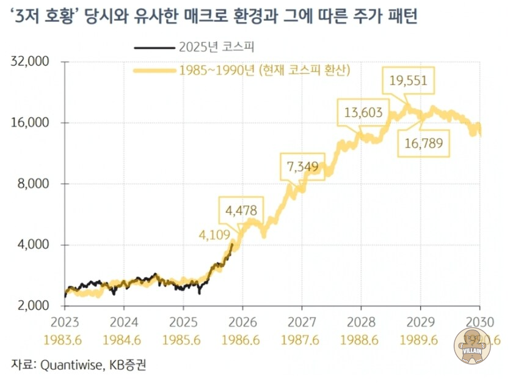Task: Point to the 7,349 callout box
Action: tap(303, 166)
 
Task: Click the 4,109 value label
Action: tap(213, 234)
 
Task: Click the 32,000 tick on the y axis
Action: tap(30, 62)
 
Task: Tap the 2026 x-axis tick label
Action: tap(242, 321)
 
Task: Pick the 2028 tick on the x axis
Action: tap(361, 321)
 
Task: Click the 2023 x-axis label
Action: tap(64, 321)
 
